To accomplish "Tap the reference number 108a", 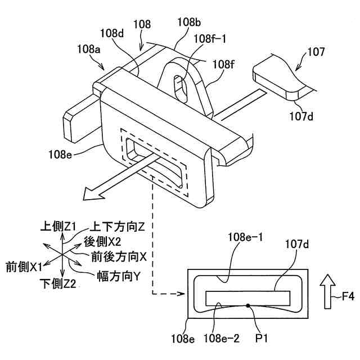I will [89, 49].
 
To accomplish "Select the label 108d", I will [119, 33].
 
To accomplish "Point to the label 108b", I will [188, 22].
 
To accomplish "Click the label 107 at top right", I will [316, 53].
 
